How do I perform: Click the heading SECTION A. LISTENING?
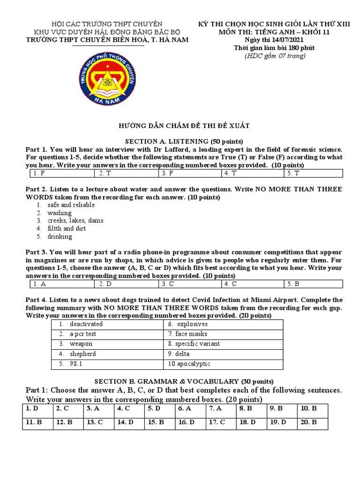tap(183, 141)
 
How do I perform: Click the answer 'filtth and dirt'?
tap(67, 229)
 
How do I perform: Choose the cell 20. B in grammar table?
tap(312, 422)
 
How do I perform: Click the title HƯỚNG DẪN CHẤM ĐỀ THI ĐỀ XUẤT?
tap(183, 126)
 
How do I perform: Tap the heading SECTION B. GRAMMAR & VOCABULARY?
tap(183, 381)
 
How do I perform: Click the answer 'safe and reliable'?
tap(71, 205)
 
